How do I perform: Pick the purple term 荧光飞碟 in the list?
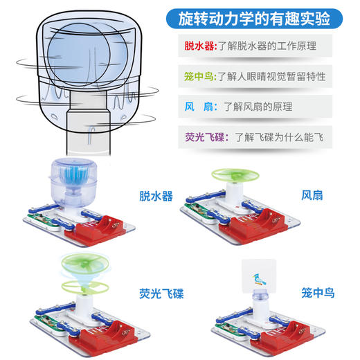tap(206, 137)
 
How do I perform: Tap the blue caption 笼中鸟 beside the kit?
tap(318, 293)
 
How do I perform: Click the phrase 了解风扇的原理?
tap(257, 107)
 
